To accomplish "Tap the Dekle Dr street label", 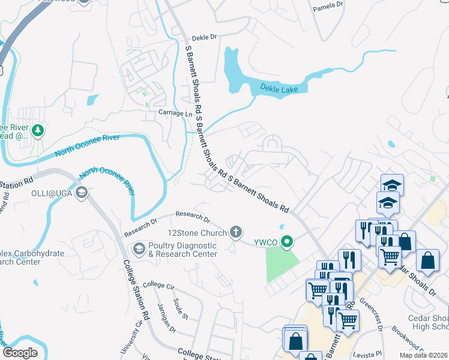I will [204, 37].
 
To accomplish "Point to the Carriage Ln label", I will [174, 113].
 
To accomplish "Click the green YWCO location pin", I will [288, 242].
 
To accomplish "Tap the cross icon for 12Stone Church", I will [237, 231].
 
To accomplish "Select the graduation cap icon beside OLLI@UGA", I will [82, 193].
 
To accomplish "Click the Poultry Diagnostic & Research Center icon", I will [139, 248].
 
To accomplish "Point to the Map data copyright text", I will [423, 355].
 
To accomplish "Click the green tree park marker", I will [38, 130].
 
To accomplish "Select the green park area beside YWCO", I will [282, 265].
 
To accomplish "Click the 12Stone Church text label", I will [196, 232].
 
